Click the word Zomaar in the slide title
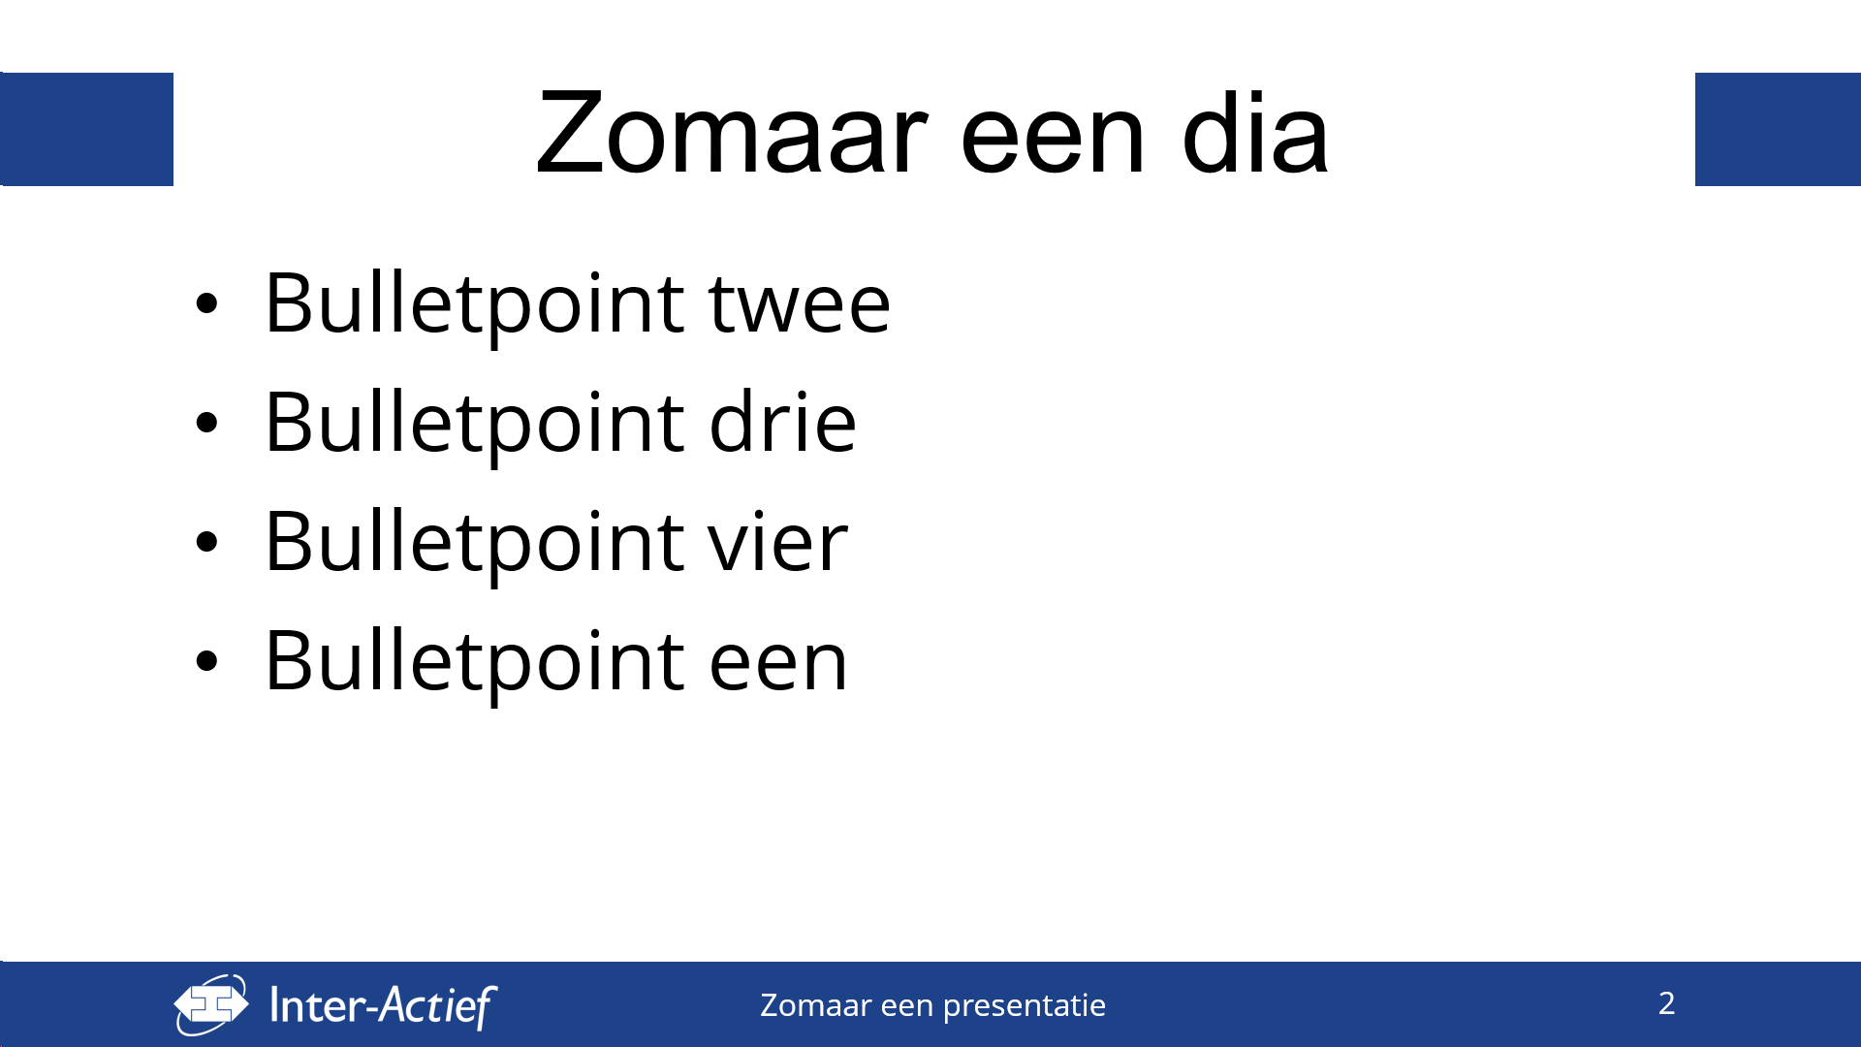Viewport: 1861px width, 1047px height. coord(732,134)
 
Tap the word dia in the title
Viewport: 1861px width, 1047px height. coord(1254,132)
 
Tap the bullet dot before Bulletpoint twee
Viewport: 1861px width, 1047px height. coord(206,303)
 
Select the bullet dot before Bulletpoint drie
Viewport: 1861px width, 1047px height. coord(206,423)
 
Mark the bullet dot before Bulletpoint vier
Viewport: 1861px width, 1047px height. coord(206,542)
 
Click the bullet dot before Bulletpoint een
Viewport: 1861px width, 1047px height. coord(206,661)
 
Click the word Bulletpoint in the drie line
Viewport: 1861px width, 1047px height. coord(476,425)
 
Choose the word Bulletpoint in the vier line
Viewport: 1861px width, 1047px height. coord(476,544)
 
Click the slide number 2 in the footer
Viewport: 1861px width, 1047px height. coord(1666,1003)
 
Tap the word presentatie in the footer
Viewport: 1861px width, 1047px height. coord(1024,1006)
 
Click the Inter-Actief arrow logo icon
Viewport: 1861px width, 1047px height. coord(211,1004)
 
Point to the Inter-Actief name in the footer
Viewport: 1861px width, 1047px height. coord(383,1005)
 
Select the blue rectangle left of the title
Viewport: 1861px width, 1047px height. coord(87,129)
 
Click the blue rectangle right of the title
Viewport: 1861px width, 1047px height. coord(1778,129)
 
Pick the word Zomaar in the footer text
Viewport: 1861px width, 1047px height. coord(815,1004)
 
